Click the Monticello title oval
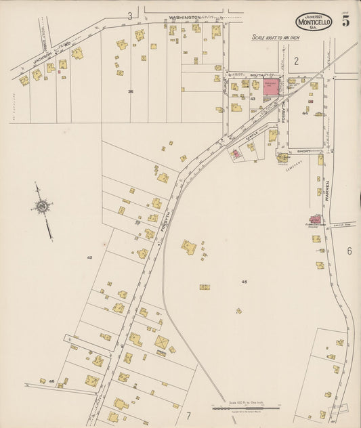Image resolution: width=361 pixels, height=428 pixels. point(314,22)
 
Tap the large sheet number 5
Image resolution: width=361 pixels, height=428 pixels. point(345,20)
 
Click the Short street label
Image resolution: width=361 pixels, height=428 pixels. point(303,152)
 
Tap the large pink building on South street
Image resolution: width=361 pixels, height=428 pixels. point(272,87)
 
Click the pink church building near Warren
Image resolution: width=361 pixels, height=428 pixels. point(316,219)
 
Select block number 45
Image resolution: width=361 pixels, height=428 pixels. point(244,281)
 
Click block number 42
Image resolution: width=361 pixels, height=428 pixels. point(89,257)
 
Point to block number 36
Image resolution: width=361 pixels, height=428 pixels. point(130,91)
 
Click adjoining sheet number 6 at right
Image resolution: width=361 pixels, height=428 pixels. point(349,251)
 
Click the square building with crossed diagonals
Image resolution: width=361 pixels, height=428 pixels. point(161,344)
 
